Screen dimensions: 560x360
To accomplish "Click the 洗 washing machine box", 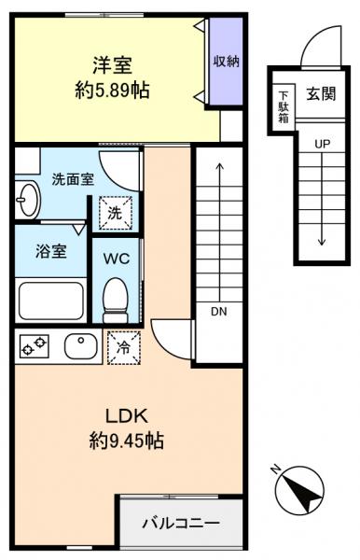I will coord(117,212).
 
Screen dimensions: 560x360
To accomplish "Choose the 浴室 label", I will coord(45,251).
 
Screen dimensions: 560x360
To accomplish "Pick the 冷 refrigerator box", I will coord(122,346).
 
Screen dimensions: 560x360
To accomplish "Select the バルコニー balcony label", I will coord(181,523).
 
